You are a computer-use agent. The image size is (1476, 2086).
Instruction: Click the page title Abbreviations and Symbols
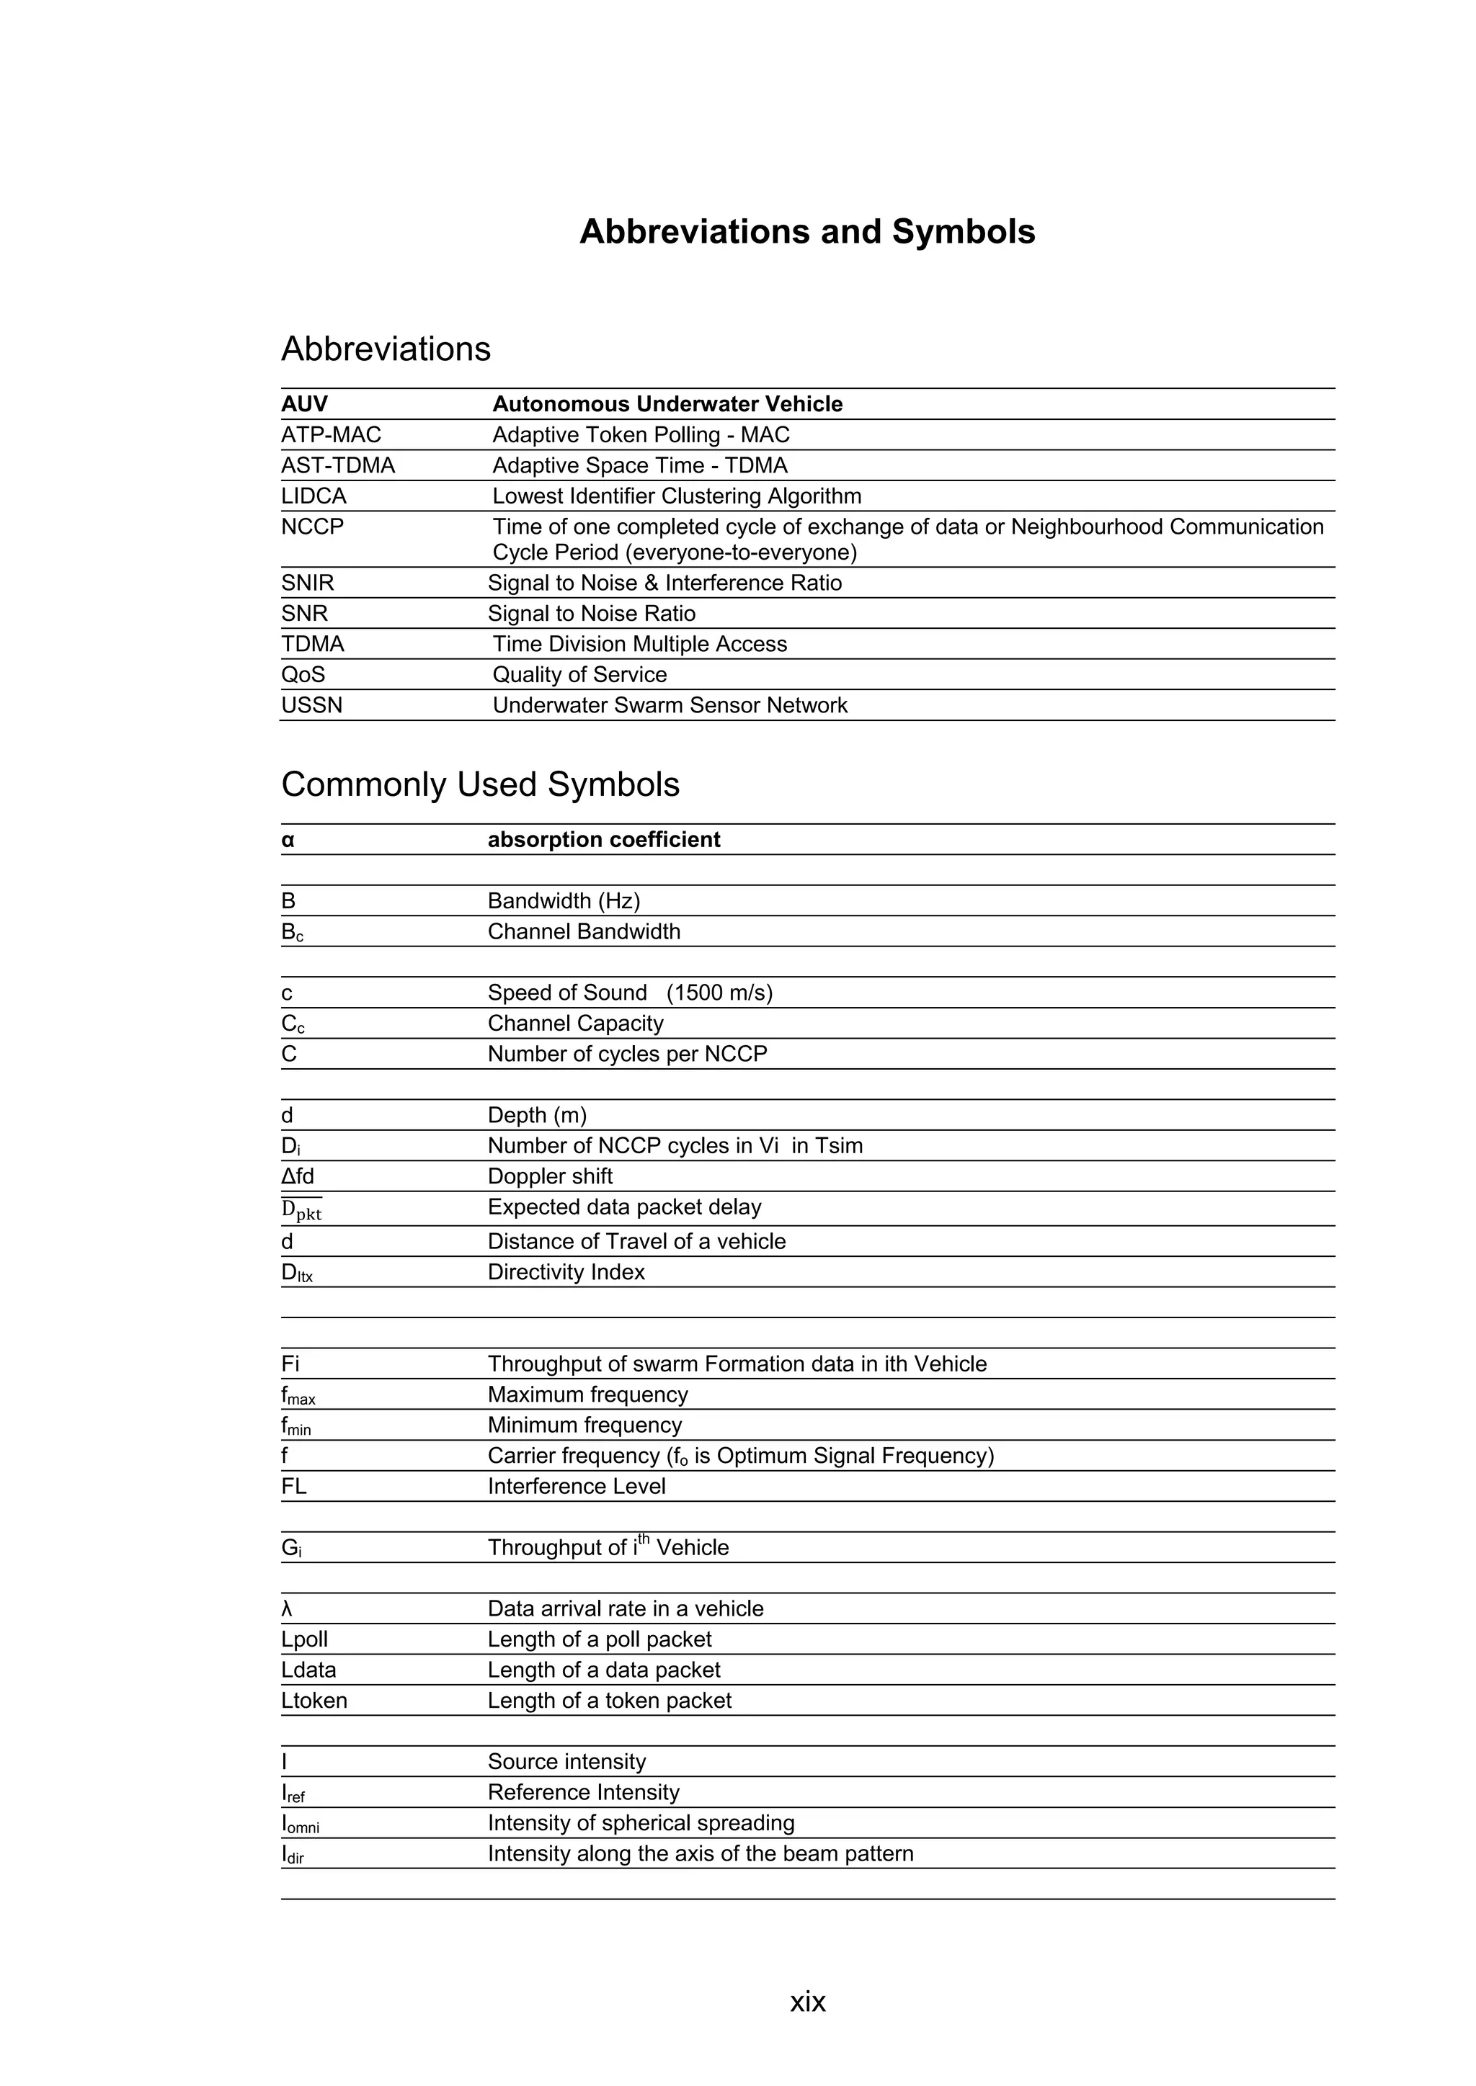(807, 232)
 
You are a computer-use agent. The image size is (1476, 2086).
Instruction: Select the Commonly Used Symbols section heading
(480, 784)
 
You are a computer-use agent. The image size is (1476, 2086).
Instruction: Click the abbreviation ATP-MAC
(331, 435)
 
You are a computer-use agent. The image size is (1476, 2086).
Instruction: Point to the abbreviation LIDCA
(314, 496)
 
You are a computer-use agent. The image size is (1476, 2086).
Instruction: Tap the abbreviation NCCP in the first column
(313, 527)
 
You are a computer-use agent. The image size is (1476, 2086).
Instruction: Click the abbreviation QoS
(303, 675)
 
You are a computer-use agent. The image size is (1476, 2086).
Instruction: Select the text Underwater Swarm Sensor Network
(670, 705)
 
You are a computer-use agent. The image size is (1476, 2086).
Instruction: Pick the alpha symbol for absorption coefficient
(288, 841)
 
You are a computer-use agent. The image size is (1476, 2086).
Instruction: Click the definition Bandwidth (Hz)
(564, 901)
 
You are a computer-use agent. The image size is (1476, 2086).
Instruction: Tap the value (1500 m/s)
(720, 993)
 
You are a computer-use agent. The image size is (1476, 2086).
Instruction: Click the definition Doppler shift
(550, 1176)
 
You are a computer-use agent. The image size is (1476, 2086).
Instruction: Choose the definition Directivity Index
(566, 1272)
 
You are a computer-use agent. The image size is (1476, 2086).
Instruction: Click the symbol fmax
(298, 1395)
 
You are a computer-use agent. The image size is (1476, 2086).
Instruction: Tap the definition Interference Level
(577, 1487)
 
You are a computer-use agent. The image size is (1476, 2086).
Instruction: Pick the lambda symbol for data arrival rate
(288, 1609)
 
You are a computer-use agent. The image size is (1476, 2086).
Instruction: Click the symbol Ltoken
(314, 1701)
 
